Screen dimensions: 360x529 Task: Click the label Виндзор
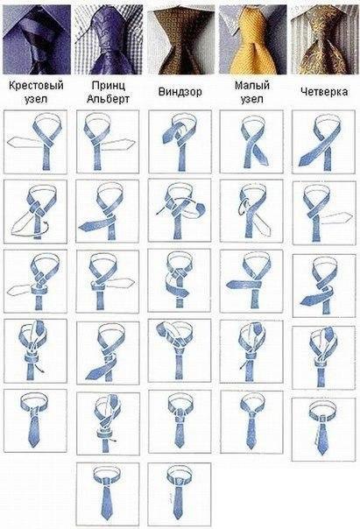click(180, 92)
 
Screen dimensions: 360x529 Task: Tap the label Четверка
click(324, 92)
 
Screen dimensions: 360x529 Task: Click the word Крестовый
click(36, 85)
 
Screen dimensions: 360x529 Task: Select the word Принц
click(108, 85)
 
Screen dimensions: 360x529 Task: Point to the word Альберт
click(108, 99)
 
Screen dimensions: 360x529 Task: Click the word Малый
click(252, 85)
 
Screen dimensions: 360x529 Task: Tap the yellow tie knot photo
click(253, 39)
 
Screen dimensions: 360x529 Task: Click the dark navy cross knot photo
click(37, 39)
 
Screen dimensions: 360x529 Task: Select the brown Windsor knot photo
click(180, 39)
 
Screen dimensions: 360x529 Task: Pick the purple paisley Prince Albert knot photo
click(109, 39)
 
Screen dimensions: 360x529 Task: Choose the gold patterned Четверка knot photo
click(325, 39)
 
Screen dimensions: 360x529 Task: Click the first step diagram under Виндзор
click(180, 142)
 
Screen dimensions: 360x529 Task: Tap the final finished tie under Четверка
click(323, 429)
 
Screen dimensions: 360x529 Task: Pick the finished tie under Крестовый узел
click(35, 420)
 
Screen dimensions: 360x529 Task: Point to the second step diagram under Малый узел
click(251, 211)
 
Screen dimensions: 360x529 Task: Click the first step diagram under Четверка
click(323, 142)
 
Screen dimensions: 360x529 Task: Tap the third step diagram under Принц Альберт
click(108, 281)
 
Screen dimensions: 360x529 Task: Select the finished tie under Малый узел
click(251, 422)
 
